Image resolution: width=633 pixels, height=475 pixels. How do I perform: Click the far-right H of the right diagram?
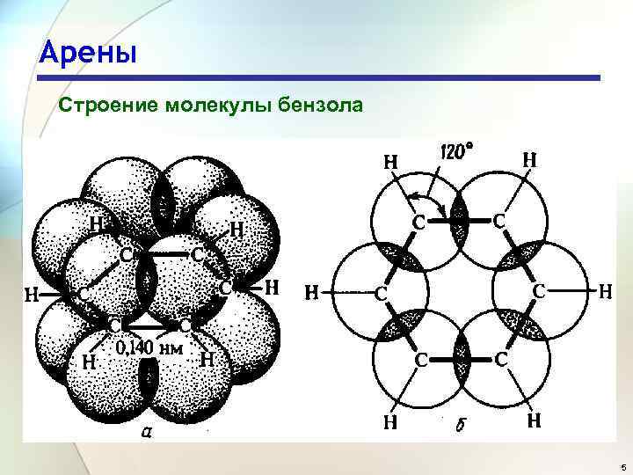[605, 289]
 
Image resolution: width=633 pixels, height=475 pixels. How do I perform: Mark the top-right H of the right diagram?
[531, 160]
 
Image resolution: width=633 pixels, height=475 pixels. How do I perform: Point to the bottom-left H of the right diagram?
[389, 422]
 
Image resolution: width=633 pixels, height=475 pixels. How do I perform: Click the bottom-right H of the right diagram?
[533, 422]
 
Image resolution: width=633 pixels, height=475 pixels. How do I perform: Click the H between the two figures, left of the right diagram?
[311, 291]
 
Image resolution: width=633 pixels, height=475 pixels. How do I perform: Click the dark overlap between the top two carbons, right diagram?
[457, 221]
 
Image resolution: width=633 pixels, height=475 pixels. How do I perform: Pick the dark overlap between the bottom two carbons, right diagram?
[457, 360]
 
